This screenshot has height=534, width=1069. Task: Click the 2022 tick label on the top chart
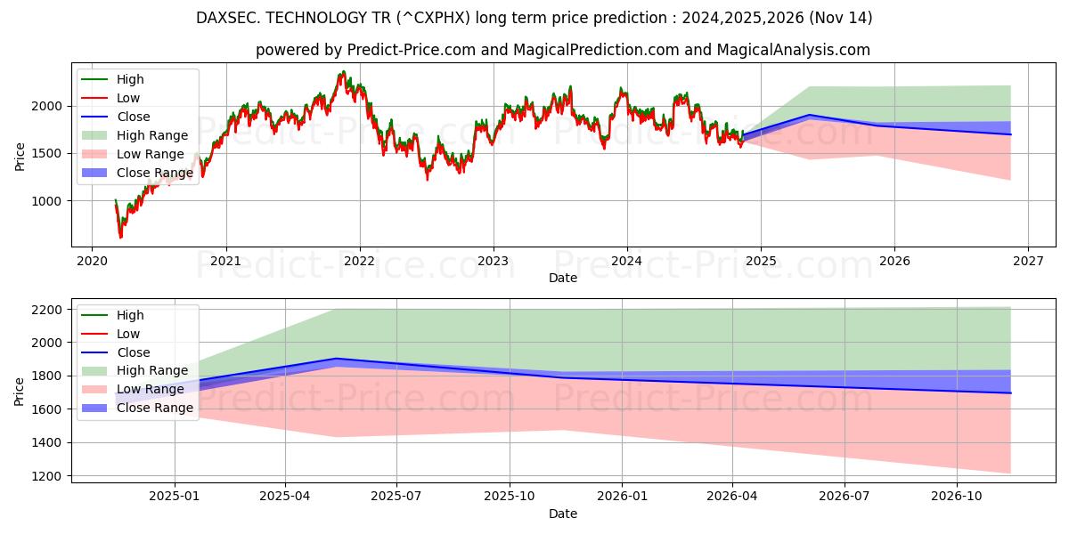360,261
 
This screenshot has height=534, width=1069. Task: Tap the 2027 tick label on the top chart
1028,261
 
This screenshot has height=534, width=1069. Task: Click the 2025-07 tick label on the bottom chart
396,497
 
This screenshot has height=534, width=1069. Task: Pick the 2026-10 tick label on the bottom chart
957,497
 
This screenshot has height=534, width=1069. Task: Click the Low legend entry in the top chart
128,98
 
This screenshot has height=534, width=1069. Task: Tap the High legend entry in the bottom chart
130,315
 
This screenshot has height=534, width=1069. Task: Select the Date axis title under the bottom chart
562,514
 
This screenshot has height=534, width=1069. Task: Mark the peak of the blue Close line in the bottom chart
336,359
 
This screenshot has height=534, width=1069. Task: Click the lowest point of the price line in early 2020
120,238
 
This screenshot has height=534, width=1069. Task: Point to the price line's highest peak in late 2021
342,72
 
